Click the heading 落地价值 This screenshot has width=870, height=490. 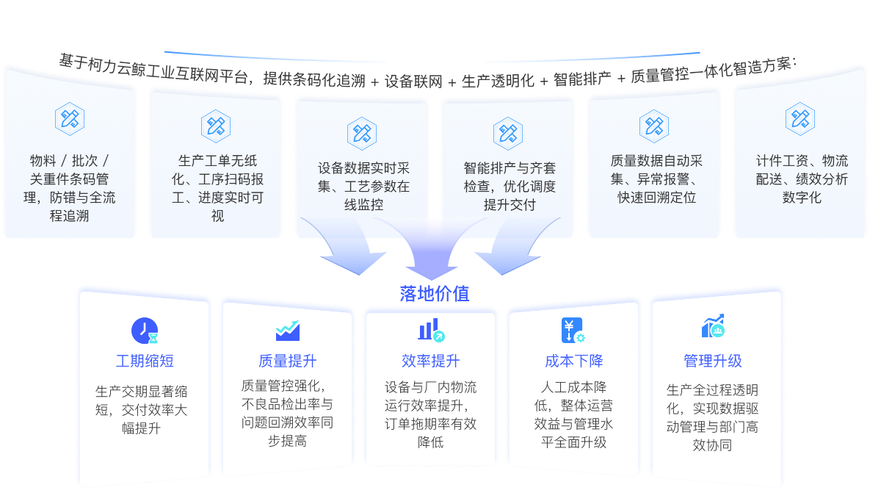click(435, 294)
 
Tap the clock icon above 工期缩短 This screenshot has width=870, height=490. click(145, 331)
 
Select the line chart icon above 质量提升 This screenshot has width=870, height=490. click(287, 331)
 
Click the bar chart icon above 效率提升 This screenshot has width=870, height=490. click(431, 330)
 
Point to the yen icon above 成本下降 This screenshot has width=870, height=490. click(573, 330)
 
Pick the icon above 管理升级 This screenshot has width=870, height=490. click(713, 326)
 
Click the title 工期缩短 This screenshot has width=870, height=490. click(145, 361)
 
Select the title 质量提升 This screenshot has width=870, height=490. click(287, 361)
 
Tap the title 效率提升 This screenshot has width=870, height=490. click(431, 361)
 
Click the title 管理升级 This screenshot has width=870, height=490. click(713, 361)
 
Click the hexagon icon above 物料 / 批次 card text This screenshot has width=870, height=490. click(70, 118)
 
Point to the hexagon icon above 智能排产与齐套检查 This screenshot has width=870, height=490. click(508, 132)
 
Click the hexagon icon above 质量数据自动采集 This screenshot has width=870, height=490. click(653, 125)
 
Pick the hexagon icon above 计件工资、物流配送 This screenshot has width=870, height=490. click(800, 118)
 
